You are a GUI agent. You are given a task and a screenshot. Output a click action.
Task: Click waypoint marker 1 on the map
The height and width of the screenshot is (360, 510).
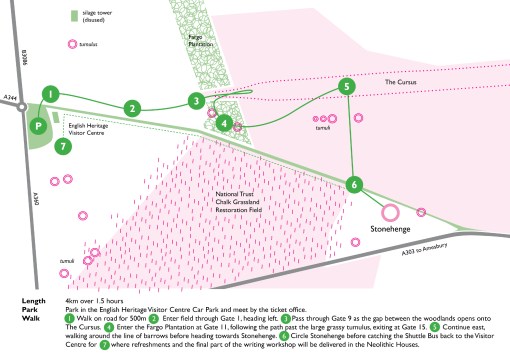coord(46,93)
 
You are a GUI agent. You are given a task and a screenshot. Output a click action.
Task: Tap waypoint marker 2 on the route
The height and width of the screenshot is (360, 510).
coord(131,107)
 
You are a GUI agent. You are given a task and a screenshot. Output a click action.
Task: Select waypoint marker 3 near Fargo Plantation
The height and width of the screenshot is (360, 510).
coord(198,100)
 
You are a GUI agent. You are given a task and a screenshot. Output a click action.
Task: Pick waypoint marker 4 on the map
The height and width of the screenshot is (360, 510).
coord(225,124)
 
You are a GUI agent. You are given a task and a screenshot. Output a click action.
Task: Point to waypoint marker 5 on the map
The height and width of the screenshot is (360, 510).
coord(346,87)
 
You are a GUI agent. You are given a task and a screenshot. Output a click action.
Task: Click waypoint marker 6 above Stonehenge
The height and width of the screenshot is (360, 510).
coord(354,184)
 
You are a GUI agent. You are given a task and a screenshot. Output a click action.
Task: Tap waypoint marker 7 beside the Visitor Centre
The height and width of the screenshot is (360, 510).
coord(64,147)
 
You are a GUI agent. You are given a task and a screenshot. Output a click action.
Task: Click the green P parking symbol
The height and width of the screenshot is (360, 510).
coord(38,127)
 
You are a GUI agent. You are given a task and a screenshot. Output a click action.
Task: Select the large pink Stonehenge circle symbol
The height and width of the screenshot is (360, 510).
coord(389,212)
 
